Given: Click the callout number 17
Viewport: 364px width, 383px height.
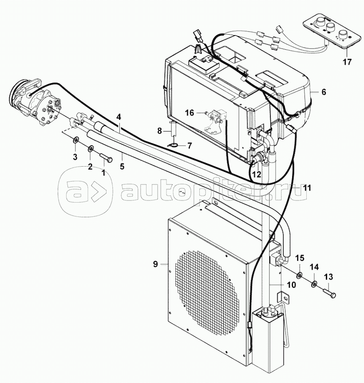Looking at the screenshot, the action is click(347, 62).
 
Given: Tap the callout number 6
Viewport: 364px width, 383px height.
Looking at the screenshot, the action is click(324, 92).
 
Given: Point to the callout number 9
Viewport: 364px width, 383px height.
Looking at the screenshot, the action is click(155, 264).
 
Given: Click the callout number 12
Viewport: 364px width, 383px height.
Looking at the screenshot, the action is click(257, 174).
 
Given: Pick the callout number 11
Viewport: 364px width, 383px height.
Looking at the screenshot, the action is click(307, 188).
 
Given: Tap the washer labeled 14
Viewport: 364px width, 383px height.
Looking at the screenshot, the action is click(314, 283).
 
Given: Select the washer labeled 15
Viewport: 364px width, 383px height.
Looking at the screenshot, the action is click(299, 276).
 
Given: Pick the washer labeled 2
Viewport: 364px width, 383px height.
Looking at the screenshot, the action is click(91, 148).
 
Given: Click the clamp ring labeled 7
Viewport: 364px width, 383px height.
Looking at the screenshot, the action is click(174, 146).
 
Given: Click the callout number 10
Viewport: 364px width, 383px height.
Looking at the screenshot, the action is click(291, 285).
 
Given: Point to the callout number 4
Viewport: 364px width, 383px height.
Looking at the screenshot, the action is click(119, 117).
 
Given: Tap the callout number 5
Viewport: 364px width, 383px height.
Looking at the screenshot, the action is click(122, 166).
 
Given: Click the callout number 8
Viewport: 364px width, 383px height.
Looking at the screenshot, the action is click(159, 131).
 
